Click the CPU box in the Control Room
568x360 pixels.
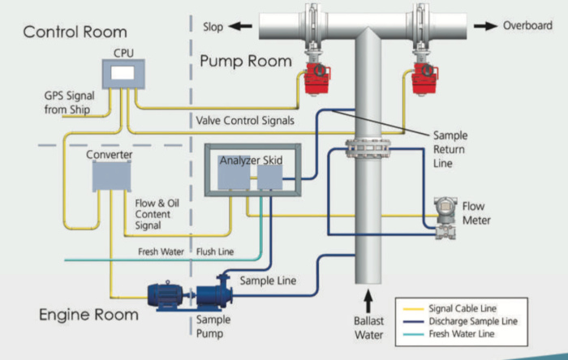click(x=123, y=75)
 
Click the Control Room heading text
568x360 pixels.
click(x=75, y=32)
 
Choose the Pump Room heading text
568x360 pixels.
click(x=246, y=61)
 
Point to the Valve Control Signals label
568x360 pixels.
click(x=245, y=120)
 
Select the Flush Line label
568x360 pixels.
click(x=215, y=251)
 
